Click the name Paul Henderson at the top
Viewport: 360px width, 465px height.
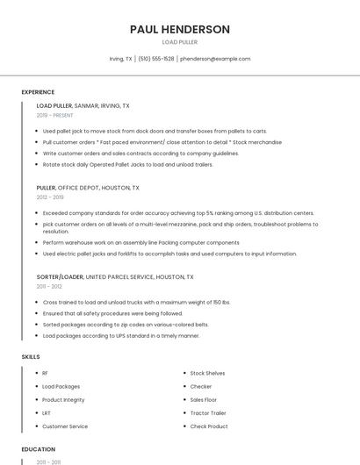179,29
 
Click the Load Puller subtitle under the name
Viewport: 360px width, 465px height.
179,42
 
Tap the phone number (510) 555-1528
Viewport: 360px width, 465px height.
155,59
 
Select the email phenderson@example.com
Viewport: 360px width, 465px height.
215,59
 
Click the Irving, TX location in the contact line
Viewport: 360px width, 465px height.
120,59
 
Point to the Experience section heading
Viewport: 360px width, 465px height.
38,92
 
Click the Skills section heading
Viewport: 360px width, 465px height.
31,357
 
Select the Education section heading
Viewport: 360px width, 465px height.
38,449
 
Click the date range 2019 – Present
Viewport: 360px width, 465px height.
55,115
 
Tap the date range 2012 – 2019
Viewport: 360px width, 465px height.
50,197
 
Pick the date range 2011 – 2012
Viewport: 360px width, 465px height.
49,286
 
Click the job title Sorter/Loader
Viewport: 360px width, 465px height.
60,276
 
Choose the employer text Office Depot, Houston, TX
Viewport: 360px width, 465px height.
98,188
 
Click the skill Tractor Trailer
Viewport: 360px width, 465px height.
208,412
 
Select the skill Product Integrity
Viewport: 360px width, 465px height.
62,399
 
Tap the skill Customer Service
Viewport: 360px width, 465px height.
65,426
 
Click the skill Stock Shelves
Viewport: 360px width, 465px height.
207,373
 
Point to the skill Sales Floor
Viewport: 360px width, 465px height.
204,399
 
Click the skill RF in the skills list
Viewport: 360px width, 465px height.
45,373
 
